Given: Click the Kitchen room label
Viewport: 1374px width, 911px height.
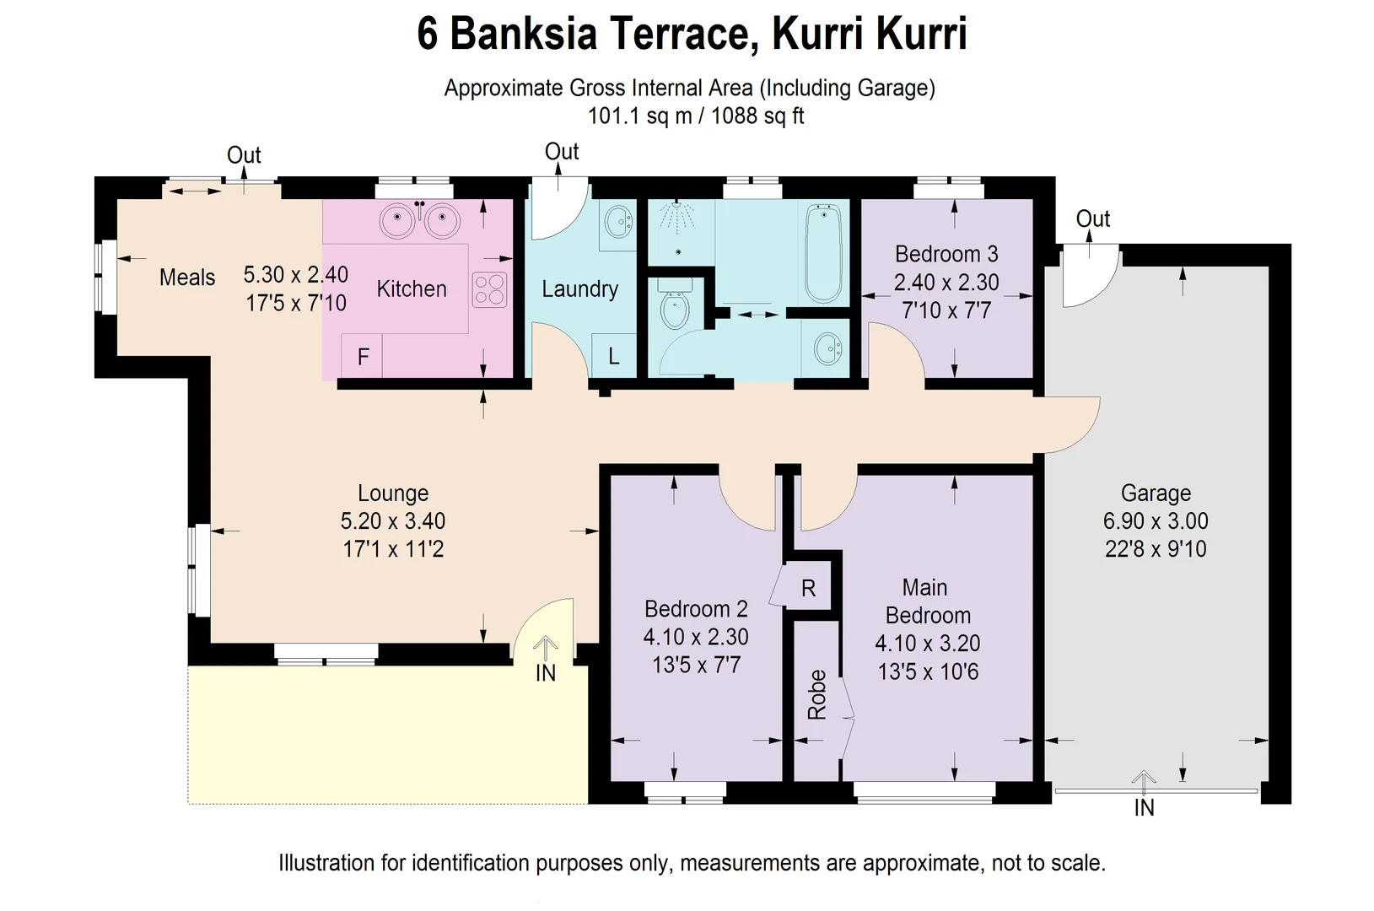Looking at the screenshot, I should tap(412, 289).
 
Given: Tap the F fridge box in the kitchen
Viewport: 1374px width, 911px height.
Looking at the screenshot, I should tap(363, 357).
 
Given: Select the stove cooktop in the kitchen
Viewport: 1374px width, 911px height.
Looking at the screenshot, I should tap(490, 289).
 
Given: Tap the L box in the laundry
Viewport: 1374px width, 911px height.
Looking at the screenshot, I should tap(613, 356).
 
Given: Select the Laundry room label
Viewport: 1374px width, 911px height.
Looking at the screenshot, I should tap(579, 289).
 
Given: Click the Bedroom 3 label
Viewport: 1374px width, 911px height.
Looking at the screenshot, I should tap(946, 254).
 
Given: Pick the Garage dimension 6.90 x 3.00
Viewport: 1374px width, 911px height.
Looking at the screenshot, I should tap(1156, 521).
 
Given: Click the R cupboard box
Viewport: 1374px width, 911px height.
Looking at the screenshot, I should tap(808, 588).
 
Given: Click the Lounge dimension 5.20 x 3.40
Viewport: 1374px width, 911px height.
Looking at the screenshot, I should tap(393, 521).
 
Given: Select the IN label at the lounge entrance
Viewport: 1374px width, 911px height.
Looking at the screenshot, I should tap(546, 673).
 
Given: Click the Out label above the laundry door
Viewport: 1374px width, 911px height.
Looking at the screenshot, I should tap(562, 152).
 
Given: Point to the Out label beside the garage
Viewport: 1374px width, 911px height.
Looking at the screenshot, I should tap(1092, 219).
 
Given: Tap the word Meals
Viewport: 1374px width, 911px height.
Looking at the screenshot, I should tap(187, 278).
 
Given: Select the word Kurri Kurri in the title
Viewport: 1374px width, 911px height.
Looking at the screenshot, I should tap(870, 35).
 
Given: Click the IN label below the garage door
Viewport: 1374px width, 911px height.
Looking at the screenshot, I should tap(1144, 808).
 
